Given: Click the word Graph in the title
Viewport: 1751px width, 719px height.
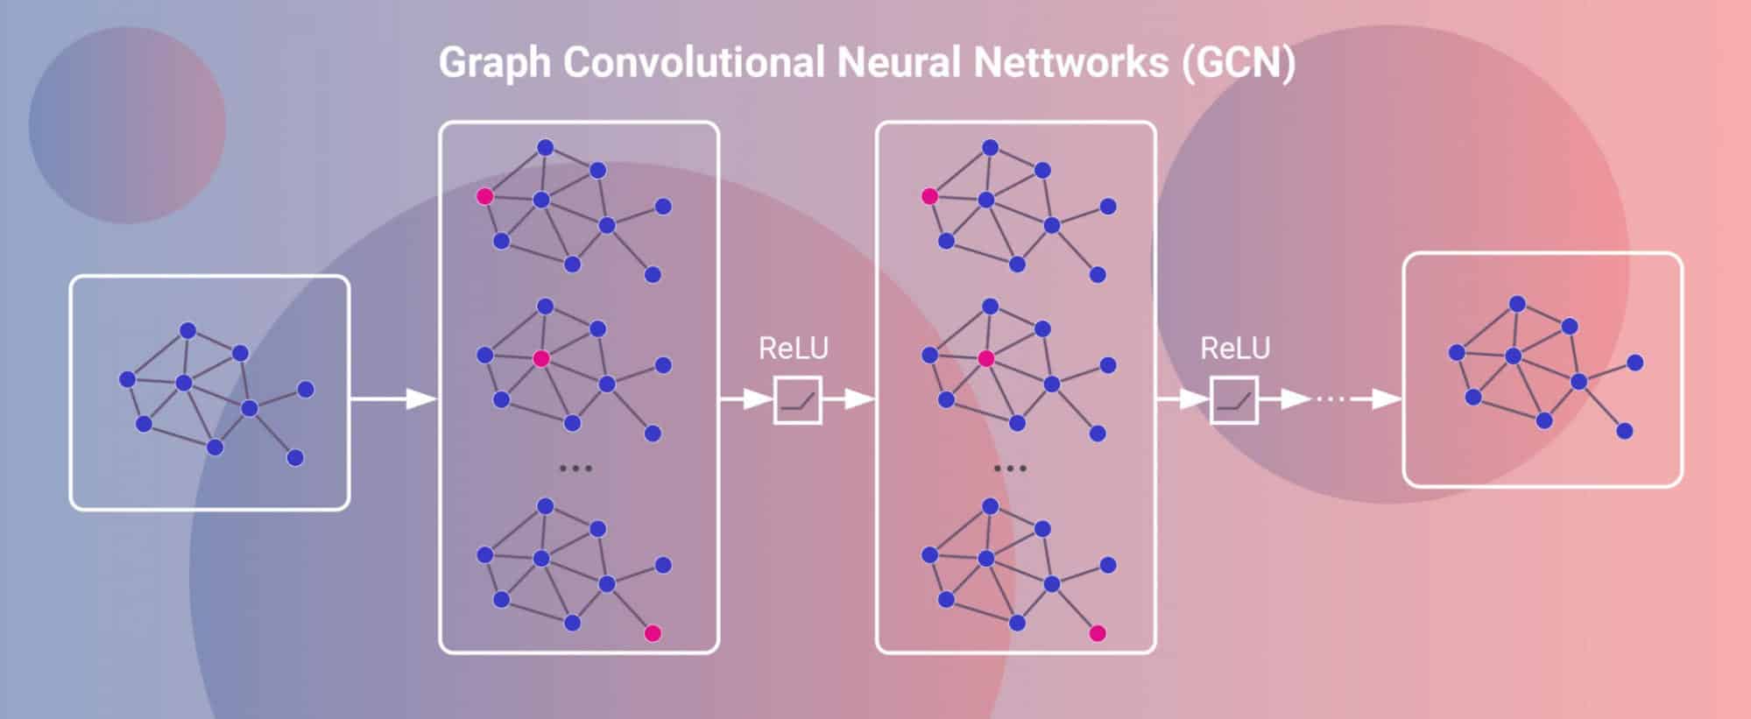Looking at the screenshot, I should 494,63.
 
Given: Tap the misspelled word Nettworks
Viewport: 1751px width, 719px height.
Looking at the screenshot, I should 1070,63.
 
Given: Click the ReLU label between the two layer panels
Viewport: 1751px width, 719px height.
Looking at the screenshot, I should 793,349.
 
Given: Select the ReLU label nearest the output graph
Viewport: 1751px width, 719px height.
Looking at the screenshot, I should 1234,349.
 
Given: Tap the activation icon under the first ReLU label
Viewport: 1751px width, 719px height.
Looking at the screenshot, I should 797,400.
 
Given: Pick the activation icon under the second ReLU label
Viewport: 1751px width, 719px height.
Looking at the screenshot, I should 1234,400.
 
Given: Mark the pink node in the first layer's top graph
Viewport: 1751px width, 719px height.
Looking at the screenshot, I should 484,196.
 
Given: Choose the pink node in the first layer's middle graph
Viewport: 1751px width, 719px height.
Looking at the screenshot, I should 541,358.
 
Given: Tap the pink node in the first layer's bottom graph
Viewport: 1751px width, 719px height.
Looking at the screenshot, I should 653,633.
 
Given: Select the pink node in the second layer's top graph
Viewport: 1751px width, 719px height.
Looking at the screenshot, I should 929,196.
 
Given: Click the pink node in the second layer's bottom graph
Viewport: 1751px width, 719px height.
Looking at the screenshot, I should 1098,633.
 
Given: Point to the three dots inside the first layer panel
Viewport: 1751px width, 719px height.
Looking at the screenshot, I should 575,469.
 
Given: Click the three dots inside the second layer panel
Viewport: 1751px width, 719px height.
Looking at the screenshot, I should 1010,469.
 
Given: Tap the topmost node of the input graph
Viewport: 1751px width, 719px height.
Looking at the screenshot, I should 187,330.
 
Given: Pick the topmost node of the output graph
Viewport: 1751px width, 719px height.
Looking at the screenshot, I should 1517,304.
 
